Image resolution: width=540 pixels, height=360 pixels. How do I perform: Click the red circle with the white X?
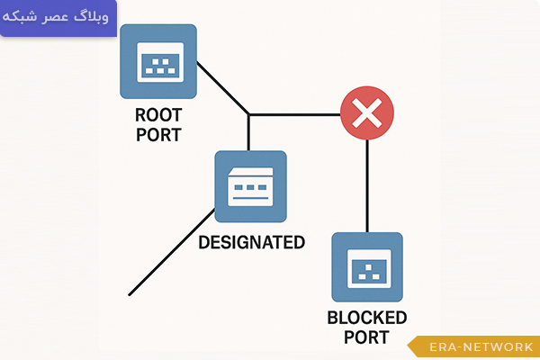[366, 114]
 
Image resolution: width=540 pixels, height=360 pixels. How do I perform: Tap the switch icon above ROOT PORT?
[158, 61]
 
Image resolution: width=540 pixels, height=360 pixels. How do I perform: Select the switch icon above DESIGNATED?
[250, 187]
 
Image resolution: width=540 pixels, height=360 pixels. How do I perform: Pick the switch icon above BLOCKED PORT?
[367, 267]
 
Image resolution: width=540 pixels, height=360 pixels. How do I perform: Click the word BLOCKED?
[367, 319]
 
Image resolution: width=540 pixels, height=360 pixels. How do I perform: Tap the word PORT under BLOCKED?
[367, 337]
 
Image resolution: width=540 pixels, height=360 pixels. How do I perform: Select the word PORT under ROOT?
[158, 135]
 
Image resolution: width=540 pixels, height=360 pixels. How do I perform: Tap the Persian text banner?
[58, 18]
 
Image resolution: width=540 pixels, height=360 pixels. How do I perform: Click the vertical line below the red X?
[367, 184]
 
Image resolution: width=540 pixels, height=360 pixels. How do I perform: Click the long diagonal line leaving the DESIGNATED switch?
[171, 252]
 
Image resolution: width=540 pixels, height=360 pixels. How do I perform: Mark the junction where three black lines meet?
[248, 114]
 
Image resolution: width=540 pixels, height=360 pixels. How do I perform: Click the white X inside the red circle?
[366, 114]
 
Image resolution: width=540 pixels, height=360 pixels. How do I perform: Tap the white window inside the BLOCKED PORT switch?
[367, 267]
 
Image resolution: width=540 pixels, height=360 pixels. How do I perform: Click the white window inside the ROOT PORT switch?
[158, 63]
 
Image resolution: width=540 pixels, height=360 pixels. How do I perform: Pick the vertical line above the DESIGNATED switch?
[248, 133]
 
